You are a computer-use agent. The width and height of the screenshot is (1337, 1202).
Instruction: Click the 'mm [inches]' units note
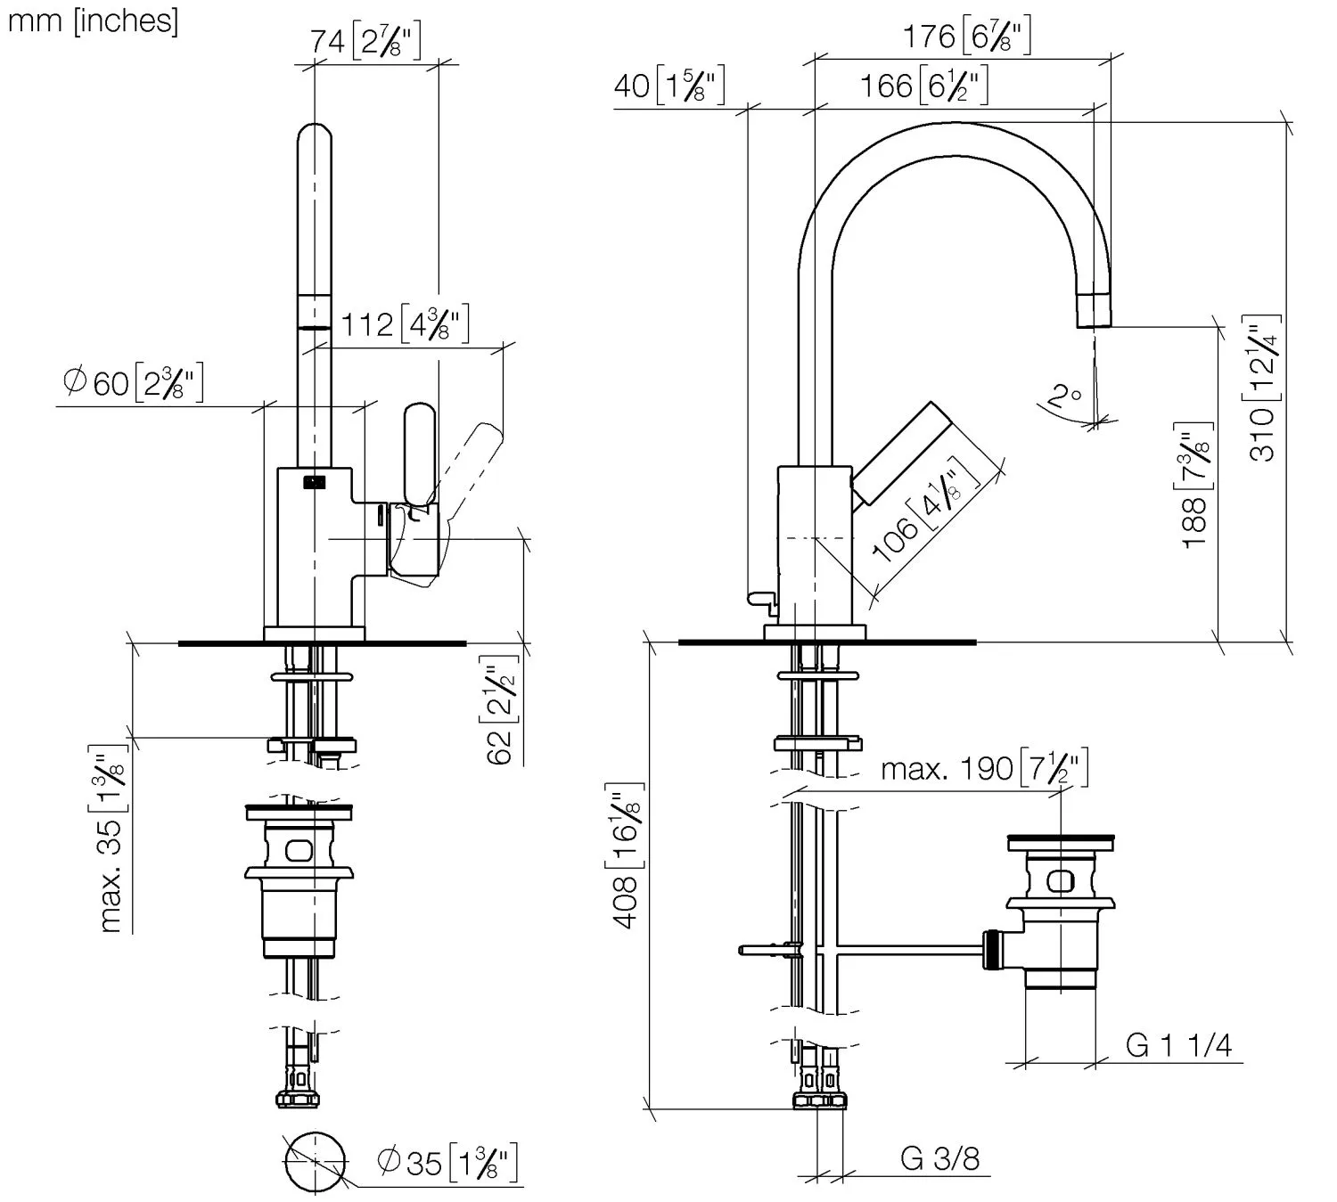pyautogui.click(x=93, y=20)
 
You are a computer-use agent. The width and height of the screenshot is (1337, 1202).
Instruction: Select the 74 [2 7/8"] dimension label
pyautogui.click(x=365, y=40)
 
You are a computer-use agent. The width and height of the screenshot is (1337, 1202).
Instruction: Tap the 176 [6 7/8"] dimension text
pyautogui.click(x=967, y=37)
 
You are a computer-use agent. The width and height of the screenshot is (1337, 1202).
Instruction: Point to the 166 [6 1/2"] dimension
pyautogui.click(x=923, y=86)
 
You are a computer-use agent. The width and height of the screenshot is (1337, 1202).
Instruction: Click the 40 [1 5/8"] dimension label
pyautogui.click(x=668, y=86)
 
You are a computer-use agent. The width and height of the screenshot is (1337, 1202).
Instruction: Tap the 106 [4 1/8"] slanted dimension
pyautogui.click(x=924, y=516)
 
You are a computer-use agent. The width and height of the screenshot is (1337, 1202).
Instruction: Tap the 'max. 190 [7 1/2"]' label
pyautogui.click(x=984, y=767)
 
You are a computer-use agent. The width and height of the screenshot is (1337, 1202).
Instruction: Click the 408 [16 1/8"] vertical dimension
pyautogui.click(x=627, y=855)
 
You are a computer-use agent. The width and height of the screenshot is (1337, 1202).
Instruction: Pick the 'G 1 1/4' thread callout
pyautogui.click(x=1178, y=1045)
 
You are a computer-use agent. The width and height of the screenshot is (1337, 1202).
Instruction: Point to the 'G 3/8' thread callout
pyautogui.click(x=939, y=1158)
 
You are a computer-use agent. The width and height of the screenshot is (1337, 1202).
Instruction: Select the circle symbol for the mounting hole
pyautogui.click(x=315, y=1162)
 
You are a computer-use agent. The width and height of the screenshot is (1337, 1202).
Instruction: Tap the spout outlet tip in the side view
pyautogui.click(x=1095, y=312)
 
